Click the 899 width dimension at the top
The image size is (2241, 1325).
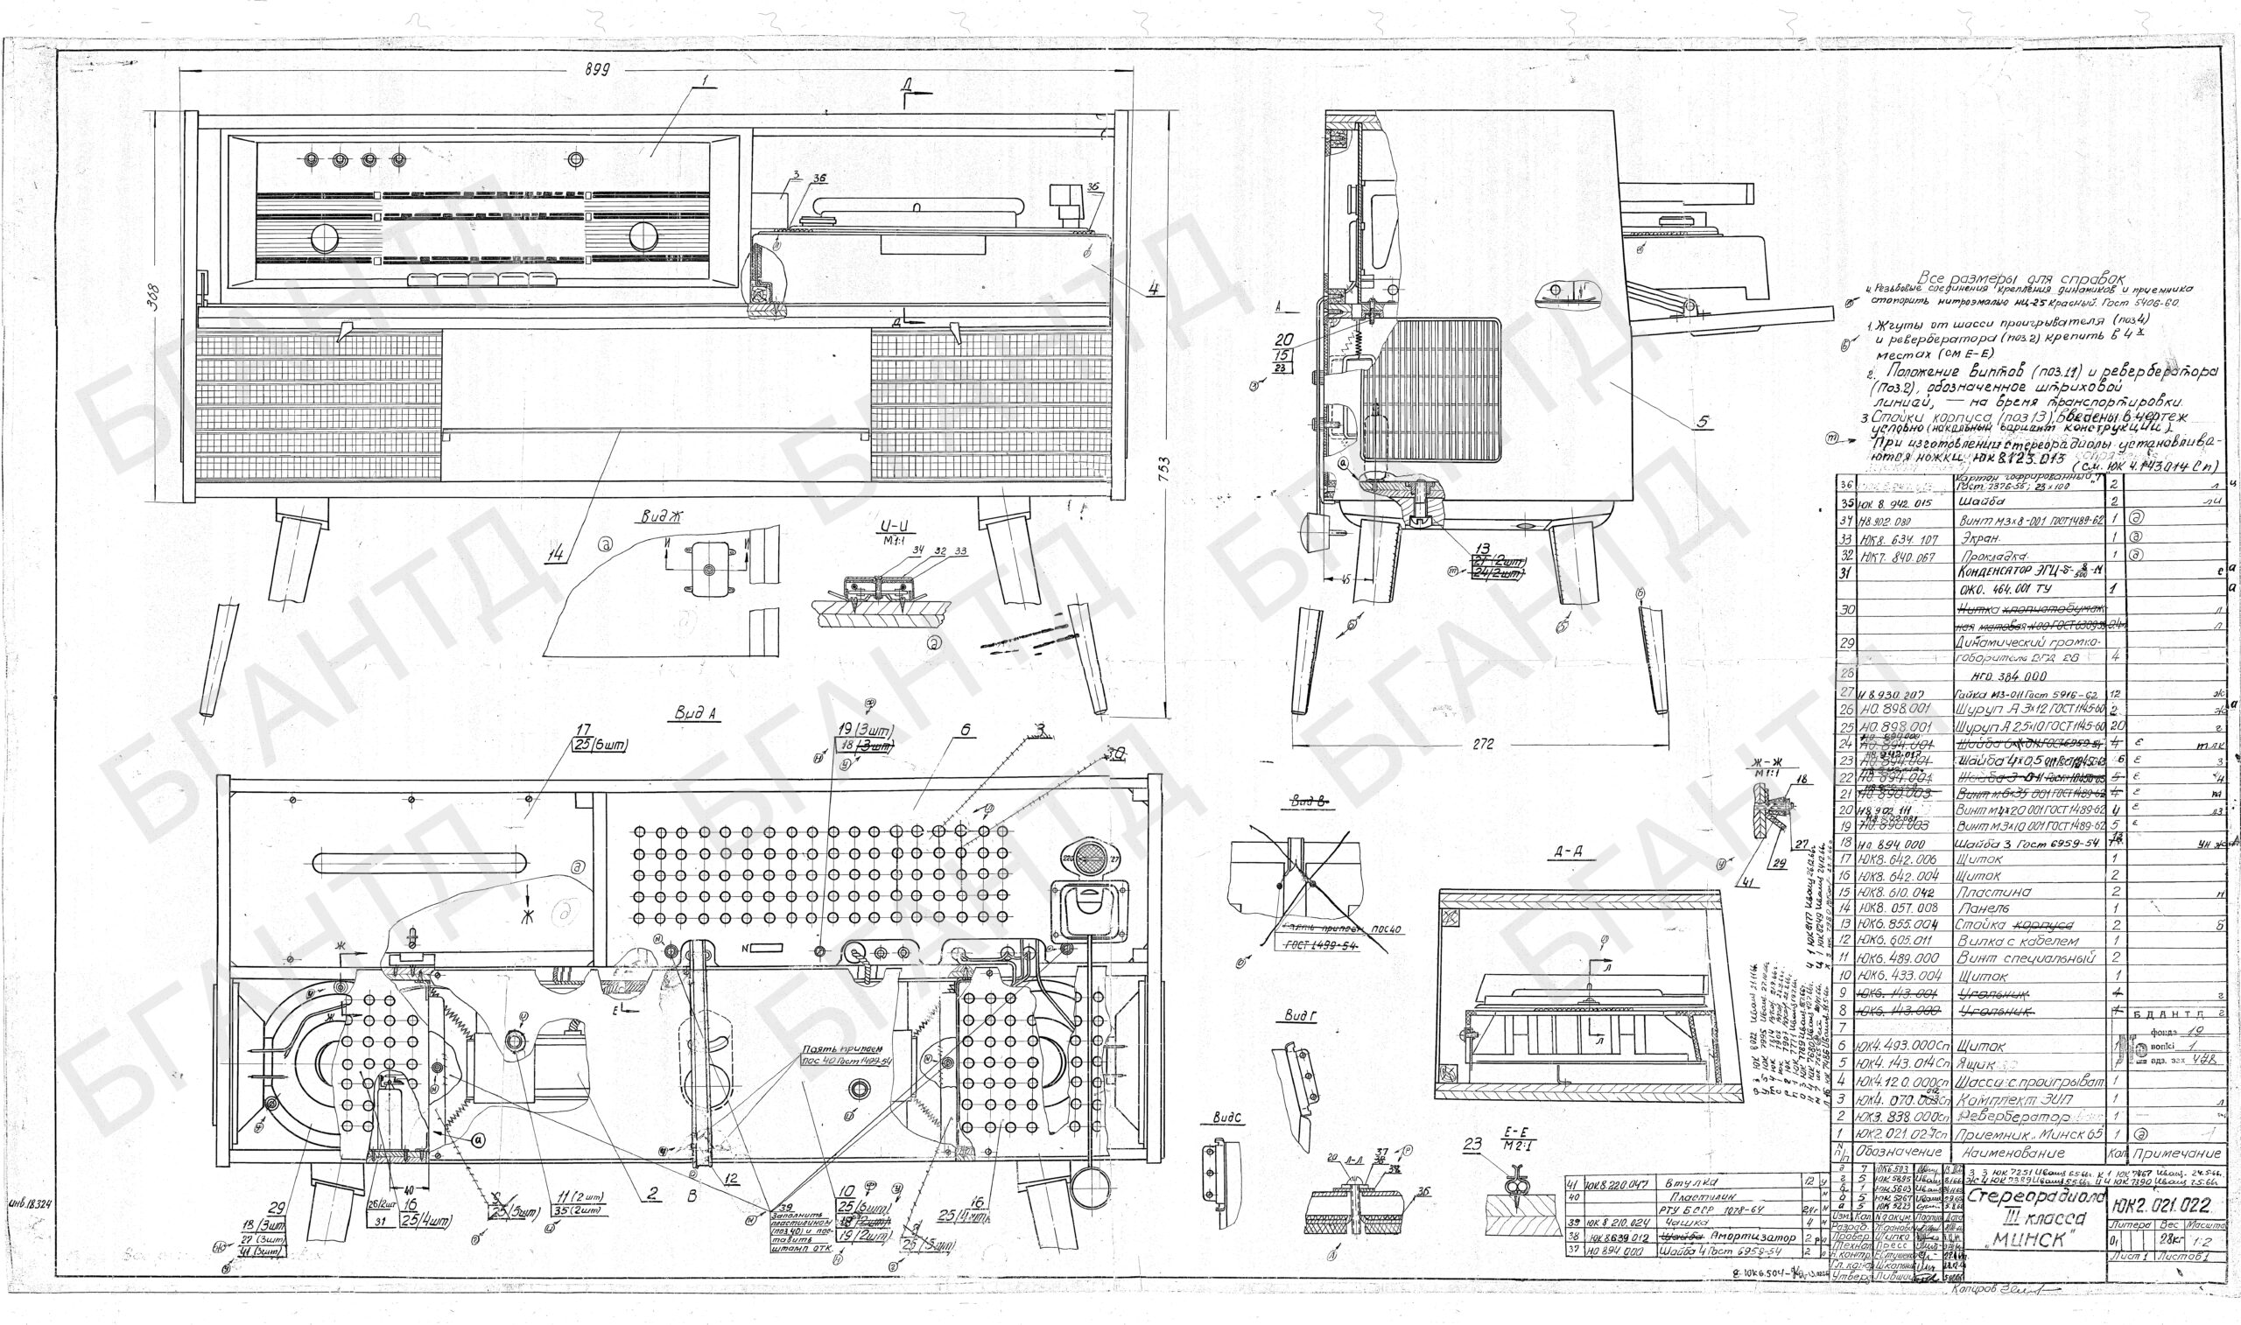tap(597, 71)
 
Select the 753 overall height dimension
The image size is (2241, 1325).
tap(1162, 472)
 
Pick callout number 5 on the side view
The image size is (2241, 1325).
tap(1704, 423)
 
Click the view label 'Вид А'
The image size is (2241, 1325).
tap(698, 712)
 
